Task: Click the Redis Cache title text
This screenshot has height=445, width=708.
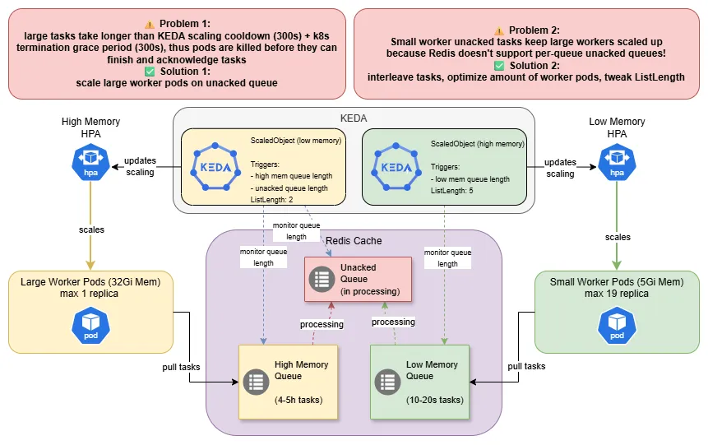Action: pos(354,240)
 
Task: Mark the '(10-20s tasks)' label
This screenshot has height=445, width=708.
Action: pos(435,401)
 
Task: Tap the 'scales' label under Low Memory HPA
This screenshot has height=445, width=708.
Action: pos(617,237)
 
